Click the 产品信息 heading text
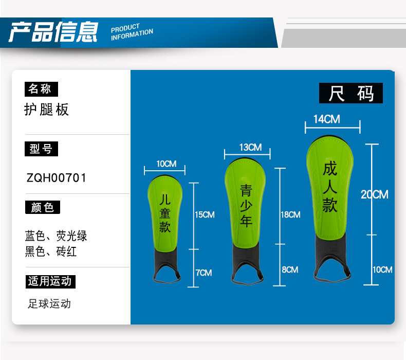coord(53,31)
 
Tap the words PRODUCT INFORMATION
coord(132,31)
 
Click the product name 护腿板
coord(46,110)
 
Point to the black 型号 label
coord(41,149)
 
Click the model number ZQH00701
coord(57,178)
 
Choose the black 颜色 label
coord(42,208)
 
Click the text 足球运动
coord(49,303)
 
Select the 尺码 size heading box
coord(351,94)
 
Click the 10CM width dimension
coord(166,164)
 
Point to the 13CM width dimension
coord(250,148)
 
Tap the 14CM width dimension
coord(327,119)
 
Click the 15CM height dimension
coord(205,215)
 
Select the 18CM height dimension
coord(290,215)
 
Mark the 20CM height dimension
coord(375,194)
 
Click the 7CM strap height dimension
coord(204,273)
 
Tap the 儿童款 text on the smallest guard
coord(165,213)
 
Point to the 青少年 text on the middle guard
coord(247,206)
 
